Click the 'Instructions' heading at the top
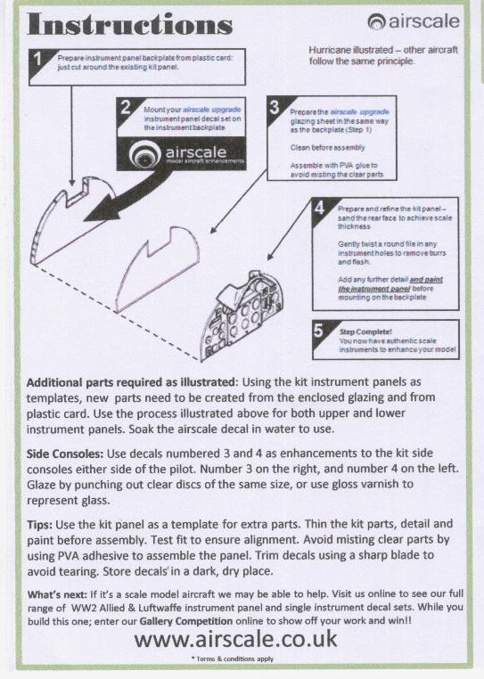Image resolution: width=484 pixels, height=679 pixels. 129,24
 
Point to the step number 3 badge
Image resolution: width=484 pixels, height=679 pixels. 275,107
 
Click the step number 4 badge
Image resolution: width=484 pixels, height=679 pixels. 319,208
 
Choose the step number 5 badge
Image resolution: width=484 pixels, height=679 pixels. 319,331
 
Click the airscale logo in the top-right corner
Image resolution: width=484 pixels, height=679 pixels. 414,21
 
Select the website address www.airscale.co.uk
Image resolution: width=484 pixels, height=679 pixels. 235,639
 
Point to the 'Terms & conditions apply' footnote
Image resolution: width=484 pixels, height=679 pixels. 233,659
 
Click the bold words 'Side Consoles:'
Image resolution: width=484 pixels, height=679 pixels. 65,454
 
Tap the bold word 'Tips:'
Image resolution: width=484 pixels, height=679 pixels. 39,525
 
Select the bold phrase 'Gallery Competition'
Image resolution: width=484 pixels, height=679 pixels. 186,621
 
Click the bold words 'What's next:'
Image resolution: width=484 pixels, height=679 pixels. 57,594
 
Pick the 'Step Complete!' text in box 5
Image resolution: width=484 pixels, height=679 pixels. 365,331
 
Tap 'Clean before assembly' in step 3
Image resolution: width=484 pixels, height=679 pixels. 328,148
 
